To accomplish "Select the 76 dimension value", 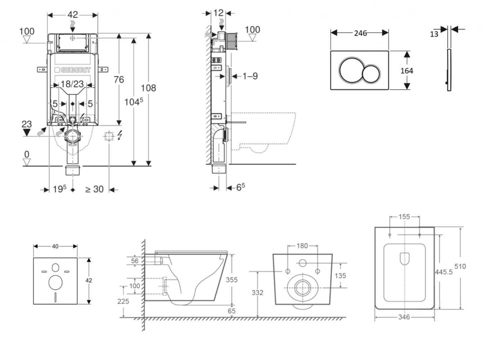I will pyautogui.click(x=118, y=79).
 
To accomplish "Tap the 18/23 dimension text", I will pyautogui.click(x=73, y=85).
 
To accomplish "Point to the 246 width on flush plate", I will pyautogui.click(x=360, y=33).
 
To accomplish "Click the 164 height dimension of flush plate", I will pyautogui.click(x=407, y=71).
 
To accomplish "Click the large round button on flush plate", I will pyautogui.click(x=351, y=70).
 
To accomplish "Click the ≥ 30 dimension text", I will pyautogui.click(x=94, y=189).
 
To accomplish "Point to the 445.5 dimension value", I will pyautogui.click(x=443, y=270).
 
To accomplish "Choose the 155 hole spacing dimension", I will pyautogui.click(x=404, y=217).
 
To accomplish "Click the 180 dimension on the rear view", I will pyautogui.click(x=302, y=246).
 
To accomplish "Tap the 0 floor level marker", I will pyautogui.click(x=27, y=154).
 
